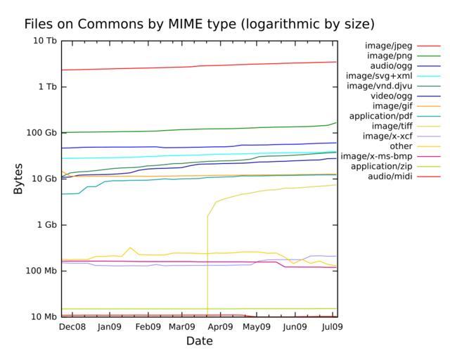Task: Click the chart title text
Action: (199, 24)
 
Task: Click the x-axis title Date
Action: (199, 341)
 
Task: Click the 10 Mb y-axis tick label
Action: (44, 317)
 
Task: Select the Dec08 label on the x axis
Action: (72, 327)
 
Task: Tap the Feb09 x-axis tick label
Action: (147, 327)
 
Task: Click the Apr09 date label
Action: (221, 327)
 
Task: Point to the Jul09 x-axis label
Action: (332, 327)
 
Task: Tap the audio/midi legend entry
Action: (390, 176)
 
